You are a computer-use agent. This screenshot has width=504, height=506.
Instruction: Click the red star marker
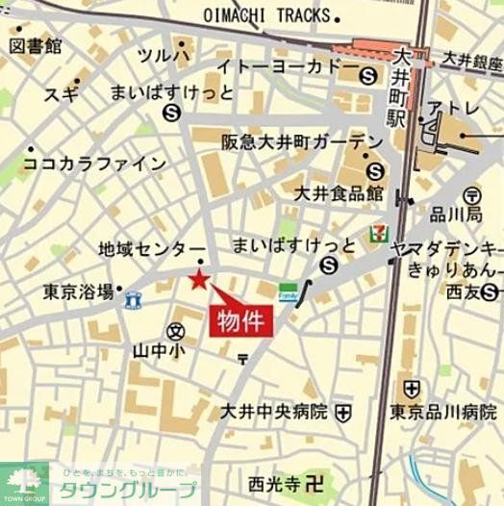[199, 280]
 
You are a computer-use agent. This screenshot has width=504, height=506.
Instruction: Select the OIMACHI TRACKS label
[272, 16]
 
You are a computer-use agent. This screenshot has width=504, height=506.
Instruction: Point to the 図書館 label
[38, 46]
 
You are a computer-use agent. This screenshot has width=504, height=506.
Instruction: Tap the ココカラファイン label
[94, 164]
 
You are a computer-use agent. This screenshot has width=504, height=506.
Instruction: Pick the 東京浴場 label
[78, 291]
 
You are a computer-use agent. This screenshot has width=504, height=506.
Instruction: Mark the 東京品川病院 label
[442, 413]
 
